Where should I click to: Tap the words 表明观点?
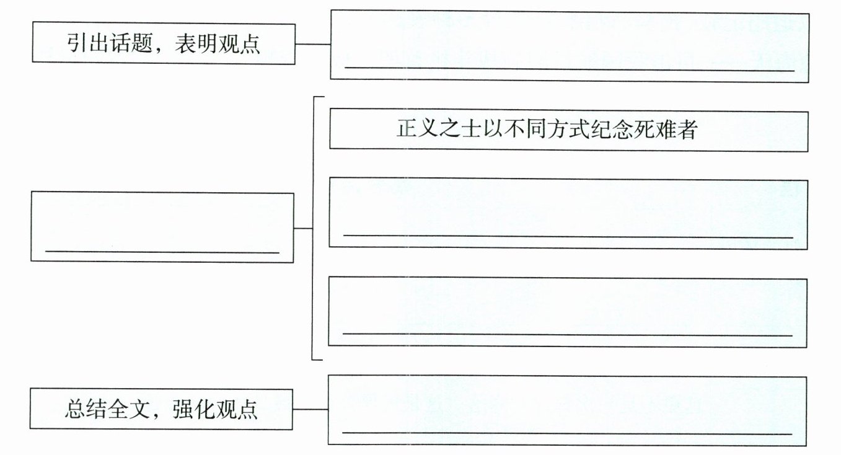click(217, 44)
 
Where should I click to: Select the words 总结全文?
click(106, 410)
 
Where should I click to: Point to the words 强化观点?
click(216, 410)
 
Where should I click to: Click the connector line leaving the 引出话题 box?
click(312, 44)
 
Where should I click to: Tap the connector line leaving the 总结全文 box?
click(310, 410)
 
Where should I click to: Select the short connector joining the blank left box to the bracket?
click(302, 228)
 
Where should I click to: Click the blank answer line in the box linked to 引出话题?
click(569, 70)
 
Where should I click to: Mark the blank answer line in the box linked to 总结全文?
click(567, 433)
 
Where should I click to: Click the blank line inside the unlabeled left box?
click(162, 252)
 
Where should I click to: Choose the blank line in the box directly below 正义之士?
click(568, 236)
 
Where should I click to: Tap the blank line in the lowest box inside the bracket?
click(568, 335)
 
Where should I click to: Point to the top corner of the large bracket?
click(315, 97)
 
